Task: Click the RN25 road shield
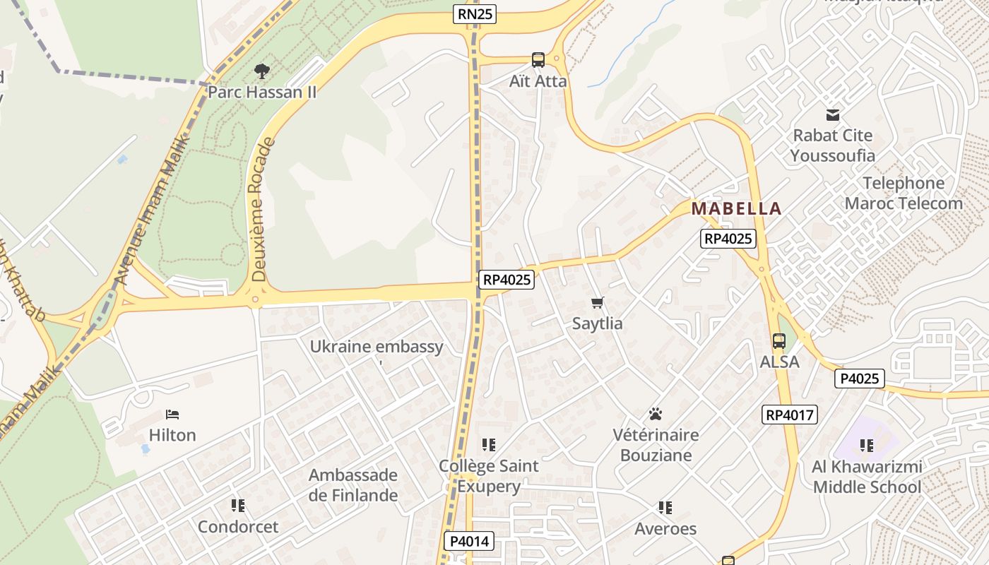point(475,14)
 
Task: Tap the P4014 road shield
point(469,542)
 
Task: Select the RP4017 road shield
point(790,415)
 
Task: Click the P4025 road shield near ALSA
point(860,379)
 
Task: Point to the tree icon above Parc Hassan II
point(261,71)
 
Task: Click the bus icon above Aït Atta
point(538,60)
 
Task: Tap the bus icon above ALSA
point(778,341)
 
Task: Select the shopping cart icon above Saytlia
point(598,303)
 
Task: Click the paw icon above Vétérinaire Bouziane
point(656,414)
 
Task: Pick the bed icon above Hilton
point(172,414)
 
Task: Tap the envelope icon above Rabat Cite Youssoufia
point(833,114)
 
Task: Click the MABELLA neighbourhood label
point(736,208)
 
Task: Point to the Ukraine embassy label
point(377,347)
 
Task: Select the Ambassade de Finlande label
point(353,484)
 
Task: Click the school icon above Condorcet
point(238,506)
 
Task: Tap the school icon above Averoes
point(665,508)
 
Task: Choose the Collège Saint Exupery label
point(489,476)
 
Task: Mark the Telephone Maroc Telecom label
point(904,194)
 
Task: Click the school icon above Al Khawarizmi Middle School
point(867,446)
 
